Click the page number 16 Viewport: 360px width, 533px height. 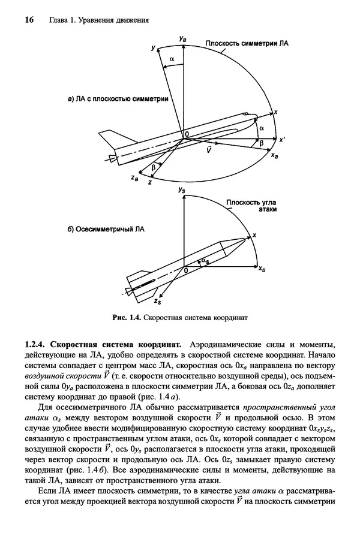point(28,20)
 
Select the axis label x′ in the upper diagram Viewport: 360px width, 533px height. point(281,138)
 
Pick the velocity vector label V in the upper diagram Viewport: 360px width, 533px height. point(208,150)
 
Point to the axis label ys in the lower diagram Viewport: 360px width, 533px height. point(181,189)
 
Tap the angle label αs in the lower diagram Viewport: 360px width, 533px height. point(206,261)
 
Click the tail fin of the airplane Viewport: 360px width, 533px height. point(109,140)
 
